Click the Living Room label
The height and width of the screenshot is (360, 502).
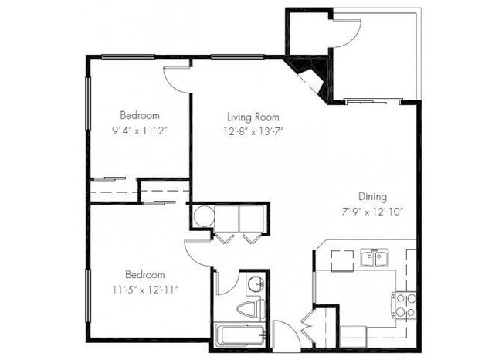coord(251,117)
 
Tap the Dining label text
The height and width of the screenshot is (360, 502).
coord(371,197)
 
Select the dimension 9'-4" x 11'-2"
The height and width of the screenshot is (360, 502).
coord(140,131)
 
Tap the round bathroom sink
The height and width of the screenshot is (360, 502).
coord(254,284)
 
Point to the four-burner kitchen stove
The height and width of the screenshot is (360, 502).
coord(405,305)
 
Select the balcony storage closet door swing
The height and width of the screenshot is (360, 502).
coord(346,27)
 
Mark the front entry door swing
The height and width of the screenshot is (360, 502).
coord(284,334)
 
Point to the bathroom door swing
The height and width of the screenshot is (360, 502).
coord(226,283)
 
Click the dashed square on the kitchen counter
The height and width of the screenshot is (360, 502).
coord(343,260)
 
